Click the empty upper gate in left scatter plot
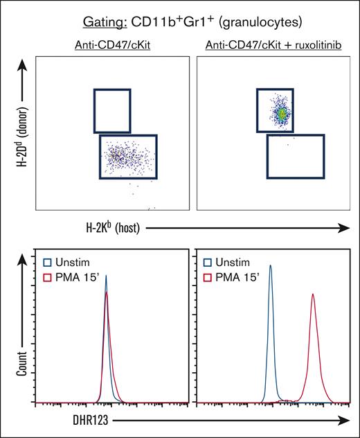[x=111, y=110]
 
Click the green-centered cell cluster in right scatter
[x=282, y=110]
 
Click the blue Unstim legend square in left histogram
[x=46, y=263]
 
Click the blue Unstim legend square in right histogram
[x=209, y=263]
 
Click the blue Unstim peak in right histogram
[x=271, y=267]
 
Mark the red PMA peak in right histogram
[x=313, y=296]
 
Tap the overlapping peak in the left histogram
[x=106, y=284]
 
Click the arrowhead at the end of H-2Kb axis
[x=342, y=227]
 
